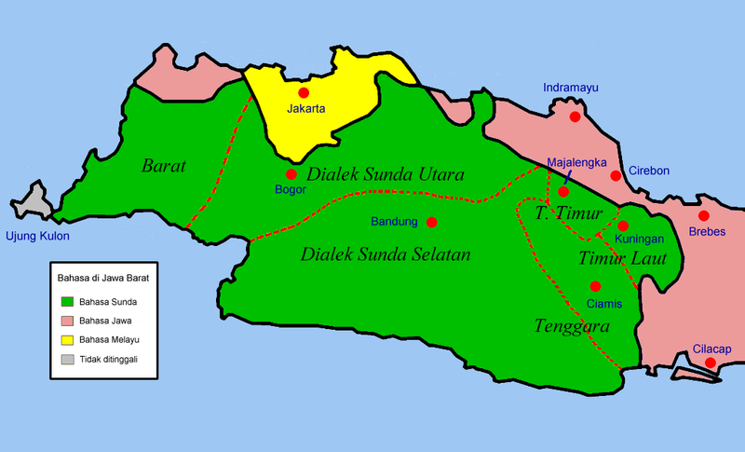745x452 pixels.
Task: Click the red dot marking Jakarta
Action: click(302, 93)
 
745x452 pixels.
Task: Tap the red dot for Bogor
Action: click(291, 174)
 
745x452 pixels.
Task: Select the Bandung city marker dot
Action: click(431, 222)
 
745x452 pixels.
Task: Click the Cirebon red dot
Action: click(615, 175)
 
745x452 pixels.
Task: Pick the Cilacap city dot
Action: click(710, 363)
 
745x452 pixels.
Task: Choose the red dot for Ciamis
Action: click(595, 286)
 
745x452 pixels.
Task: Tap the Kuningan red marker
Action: click(622, 226)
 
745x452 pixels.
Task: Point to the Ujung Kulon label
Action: click(37, 236)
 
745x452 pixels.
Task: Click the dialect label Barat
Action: click(164, 167)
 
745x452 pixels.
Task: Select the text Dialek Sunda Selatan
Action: click(386, 253)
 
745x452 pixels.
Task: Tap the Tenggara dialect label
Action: click(572, 327)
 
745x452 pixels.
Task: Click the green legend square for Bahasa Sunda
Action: click(67, 301)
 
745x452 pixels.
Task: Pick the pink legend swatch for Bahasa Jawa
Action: click(67, 320)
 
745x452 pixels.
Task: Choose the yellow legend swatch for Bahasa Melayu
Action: click(67, 338)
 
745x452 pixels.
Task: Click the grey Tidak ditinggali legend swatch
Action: click(67, 358)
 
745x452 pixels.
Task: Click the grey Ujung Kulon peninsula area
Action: click(35, 203)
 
